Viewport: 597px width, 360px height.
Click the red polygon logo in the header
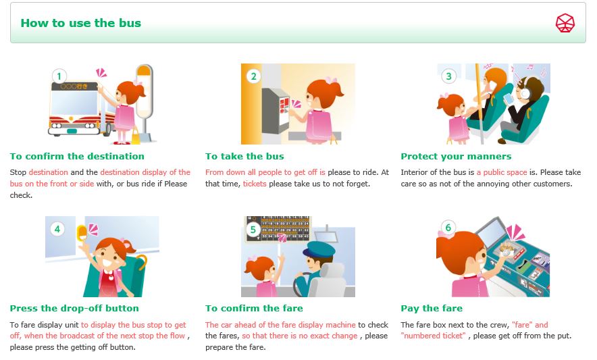coord(565,23)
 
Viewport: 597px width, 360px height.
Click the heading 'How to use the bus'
coord(81,23)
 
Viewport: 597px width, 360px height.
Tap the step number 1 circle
coord(59,76)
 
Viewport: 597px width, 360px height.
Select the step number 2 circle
coord(253,76)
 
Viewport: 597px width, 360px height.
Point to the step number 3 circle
coord(448,76)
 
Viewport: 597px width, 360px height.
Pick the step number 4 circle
coord(57,229)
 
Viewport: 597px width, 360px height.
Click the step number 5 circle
coord(253,230)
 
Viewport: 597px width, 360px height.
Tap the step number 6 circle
coord(448,228)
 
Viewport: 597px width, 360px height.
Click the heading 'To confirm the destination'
coord(77,156)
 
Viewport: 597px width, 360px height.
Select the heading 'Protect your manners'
coord(456,156)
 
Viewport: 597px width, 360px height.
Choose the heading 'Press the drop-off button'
coord(74,308)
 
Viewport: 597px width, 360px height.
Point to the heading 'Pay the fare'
coord(432,308)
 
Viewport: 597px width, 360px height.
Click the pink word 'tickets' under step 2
coord(255,184)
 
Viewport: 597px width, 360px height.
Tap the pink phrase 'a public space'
coord(502,172)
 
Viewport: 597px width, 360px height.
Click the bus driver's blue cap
coord(319,249)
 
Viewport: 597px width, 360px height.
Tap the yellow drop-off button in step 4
coord(82,232)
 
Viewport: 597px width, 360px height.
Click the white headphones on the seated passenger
coord(524,92)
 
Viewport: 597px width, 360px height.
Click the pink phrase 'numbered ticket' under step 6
coord(434,336)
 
